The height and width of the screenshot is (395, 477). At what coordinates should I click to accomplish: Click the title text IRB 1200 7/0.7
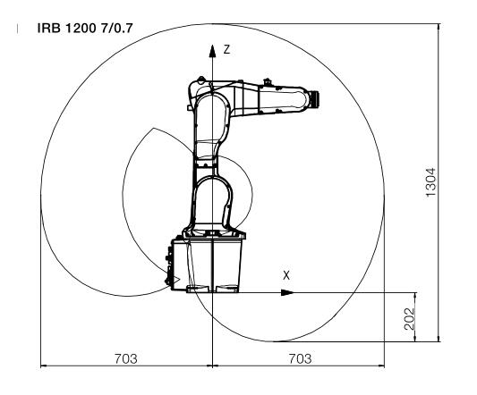85,29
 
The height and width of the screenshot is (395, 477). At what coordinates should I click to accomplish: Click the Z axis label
226,49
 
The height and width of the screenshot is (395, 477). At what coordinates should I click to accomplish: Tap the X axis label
286,275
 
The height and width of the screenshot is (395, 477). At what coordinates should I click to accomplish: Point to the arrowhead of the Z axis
212,51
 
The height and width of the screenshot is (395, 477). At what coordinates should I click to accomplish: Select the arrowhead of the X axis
287,292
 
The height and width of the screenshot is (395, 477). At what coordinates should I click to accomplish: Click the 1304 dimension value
430,182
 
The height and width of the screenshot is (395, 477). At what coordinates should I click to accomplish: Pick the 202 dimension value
410,319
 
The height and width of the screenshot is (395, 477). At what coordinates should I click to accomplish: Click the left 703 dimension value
125,359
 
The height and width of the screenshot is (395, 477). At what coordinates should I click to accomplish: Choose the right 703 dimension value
300,359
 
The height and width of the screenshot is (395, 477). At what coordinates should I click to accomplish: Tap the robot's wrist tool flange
315,99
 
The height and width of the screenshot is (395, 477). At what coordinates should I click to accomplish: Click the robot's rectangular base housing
207,265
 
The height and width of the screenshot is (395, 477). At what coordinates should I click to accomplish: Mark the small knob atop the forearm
267,81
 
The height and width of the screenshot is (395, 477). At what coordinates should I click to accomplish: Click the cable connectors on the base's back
168,266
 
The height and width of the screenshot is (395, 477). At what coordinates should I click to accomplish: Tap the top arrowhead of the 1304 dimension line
439,28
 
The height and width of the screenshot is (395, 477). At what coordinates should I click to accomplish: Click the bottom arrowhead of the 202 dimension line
415,337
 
